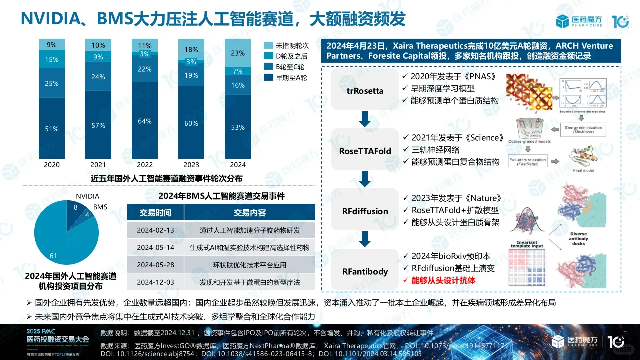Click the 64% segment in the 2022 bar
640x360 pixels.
click(145, 121)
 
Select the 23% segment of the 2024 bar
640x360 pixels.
click(238, 53)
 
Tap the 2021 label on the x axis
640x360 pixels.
click(98, 165)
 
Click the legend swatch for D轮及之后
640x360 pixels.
click(268, 56)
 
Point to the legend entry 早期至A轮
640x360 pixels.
click(291, 77)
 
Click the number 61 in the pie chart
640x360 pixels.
click(53, 256)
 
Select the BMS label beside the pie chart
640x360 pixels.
click(100, 207)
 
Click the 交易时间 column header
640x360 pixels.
click(155, 212)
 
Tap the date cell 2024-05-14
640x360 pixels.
click(155, 247)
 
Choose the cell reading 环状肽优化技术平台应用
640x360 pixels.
click(250, 265)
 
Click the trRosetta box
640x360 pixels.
click(365, 91)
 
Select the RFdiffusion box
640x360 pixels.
click(365, 211)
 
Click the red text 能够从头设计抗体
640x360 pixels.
click(443, 280)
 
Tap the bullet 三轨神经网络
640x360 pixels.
click(435, 149)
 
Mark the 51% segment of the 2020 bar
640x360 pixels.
click(52, 129)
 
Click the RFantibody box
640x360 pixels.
click(365, 271)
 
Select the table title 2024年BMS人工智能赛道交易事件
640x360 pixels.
click(221, 196)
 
